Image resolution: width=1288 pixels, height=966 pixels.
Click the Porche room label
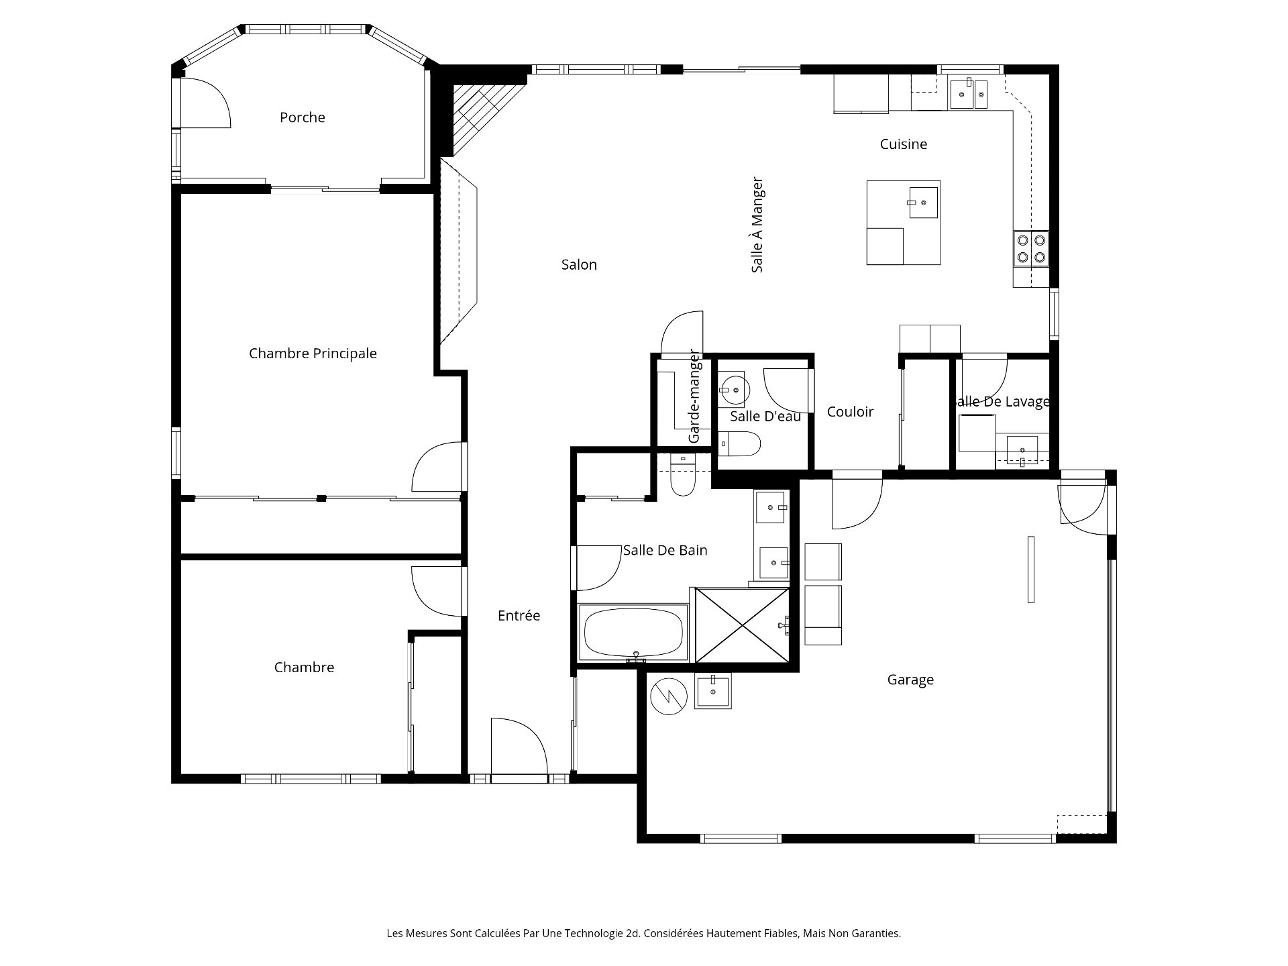click(x=303, y=117)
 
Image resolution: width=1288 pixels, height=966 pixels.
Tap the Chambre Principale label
click(x=313, y=354)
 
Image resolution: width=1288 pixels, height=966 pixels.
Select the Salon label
click(x=579, y=265)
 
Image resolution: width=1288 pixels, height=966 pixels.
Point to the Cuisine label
click(x=904, y=144)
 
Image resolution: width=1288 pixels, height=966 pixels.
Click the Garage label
click(x=910, y=680)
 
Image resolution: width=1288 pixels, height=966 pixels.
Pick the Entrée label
click(x=519, y=616)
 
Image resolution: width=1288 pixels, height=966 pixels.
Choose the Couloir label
click(x=850, y=412)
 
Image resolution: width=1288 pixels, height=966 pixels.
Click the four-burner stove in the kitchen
click(x=1030, y=248)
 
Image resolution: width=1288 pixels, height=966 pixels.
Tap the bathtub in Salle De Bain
click(x=634, y=633)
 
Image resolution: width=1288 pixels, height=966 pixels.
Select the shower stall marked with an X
click(x=743, y=625)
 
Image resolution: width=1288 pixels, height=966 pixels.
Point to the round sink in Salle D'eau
click(x=735, y=389)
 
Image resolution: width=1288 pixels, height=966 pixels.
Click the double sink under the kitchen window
click(x=968, y=93)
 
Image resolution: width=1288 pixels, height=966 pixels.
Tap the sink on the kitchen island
click(x=923, y=200)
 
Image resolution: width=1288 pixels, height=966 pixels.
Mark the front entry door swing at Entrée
click(x=519, y=746)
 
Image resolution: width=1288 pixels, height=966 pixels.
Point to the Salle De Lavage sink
click(x=1022, y=449)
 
